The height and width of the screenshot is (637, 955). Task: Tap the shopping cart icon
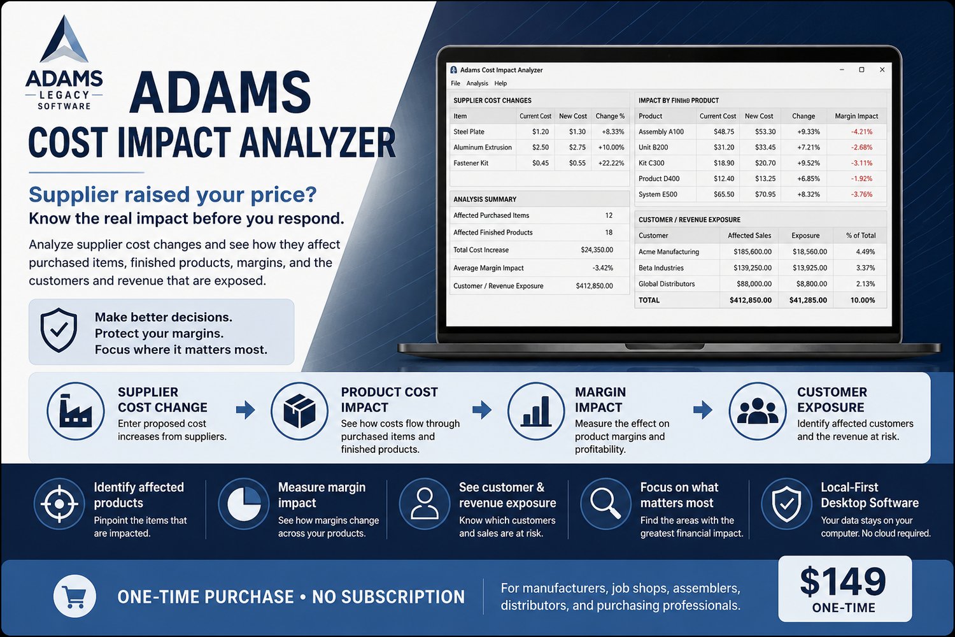pyautogui.click(x=74, y=596)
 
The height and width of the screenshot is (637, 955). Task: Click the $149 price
pyautogui.click(x=843, y=581)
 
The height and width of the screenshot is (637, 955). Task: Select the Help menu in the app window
pyautogui.click(x=500, y=83)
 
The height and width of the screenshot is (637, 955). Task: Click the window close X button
pyautogui.click(x=882, y=69)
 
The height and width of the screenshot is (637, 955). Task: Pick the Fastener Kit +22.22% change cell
pyautogui.click(x=611, y=163)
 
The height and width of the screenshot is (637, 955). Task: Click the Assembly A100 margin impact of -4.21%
pyautogui.click(x=861, y=132)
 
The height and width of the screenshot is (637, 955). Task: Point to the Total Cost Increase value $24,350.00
pyautogui.click(x=597, y=250)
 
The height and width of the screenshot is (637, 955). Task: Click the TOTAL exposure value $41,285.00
pyautogui.click(x=808, y=300)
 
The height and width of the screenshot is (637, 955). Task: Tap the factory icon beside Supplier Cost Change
pyautogui.click(x=76, y=411)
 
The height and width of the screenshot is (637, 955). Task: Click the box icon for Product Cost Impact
pyautogui.click(x=299, y=411)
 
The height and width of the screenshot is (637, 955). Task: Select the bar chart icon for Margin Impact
pyautogui.click(x=536, y=411)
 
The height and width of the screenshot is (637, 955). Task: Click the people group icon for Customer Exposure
pyautogui.click(x=758, y=411)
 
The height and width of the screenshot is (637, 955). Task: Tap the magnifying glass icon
pyautogui.click(x=605, y=504)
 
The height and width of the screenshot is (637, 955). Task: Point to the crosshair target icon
pyautogui.click(x=59, y=504)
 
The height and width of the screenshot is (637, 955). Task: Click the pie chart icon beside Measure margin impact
pyautogui.click(x=244, y=504)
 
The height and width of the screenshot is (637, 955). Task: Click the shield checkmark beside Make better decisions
pyautogui.click(x=59, y=330)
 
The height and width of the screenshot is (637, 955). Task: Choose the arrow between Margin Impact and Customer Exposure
pyautogui.click(x=703, y=410)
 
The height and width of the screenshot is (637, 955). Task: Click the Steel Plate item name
pyautogui.click(x=469, y=132)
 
